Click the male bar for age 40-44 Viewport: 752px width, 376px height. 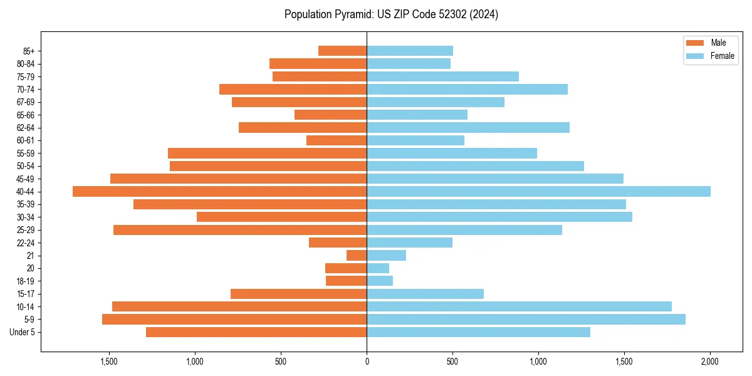point(219,191)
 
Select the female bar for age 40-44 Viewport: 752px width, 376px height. point(538,191)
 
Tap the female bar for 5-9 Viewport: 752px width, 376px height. point(526,319)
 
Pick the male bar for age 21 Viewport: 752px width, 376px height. point(357,255)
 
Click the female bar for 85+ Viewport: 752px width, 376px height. point(410,51)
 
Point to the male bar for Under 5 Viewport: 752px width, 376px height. point(256,332)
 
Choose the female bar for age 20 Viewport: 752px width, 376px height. point(378,268)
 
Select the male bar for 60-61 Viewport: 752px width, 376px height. point(337,140)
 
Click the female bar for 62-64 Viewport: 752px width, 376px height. point(468,127)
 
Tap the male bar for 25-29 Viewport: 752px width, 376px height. point(240,230)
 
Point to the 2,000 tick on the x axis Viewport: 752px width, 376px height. point(710,362)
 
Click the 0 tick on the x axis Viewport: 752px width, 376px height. point(367,362)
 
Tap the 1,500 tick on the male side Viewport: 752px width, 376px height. point(109,362)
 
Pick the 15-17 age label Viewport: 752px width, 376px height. point(26,294)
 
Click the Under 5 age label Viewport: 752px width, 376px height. point(23,332)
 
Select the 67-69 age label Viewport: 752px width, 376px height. point(26,102)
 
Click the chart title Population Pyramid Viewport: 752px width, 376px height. point(391,14)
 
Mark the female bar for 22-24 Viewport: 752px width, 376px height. point(409,243)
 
